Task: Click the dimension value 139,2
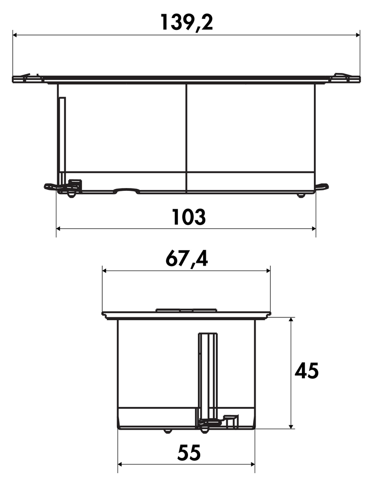click(186, 22)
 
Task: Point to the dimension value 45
click(307, 371)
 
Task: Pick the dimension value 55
click(189, 453)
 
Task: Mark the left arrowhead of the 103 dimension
click(59, 229)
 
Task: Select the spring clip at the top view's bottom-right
click(322, 186)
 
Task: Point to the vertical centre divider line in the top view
click(186, 137)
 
